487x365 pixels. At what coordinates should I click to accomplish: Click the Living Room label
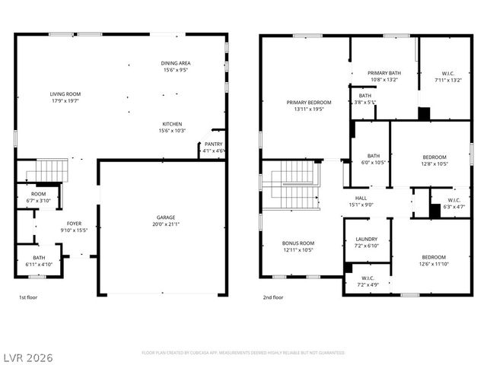(x=65, y=94)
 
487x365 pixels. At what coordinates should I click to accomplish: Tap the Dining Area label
(x=175, y=63)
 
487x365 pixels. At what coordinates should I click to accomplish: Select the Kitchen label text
(x=172, y=124)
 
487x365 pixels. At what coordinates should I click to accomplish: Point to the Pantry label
(x=213, y=144)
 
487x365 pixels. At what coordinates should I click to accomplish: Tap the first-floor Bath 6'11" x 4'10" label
(x=38, y=258)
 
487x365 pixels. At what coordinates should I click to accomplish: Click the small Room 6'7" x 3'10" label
(x=38, y=194)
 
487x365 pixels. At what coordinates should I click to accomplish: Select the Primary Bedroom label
(x=308, y=102)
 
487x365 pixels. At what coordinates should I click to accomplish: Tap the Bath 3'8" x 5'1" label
(x=365, y=95)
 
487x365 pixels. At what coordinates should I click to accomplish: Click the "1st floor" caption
(x=29, y=298)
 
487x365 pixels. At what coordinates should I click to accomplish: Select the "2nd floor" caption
(x=272, y=298)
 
